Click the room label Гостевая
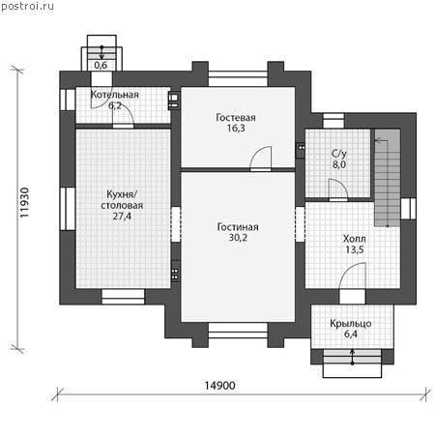tap(236, 118)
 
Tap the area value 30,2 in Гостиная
tap(238, 238)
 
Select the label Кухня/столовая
tap(122, 200)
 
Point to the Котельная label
tap(115, 95)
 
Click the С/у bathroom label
tap(339, 154)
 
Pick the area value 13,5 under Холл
tap(355, 249)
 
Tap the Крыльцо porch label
tap(351, 324)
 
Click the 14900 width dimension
tap(220, 386)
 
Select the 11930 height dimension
tap(24, 203)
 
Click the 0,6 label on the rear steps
tap(101, 65)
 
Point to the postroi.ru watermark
tap(27, 7)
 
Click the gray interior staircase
tap(388, 178)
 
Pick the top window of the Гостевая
tap(238, 78)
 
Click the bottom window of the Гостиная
tap(238, 331)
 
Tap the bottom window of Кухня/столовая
tap(123, 297)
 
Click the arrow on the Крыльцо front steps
tap(352, 357)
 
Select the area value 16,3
tap(236, 129)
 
